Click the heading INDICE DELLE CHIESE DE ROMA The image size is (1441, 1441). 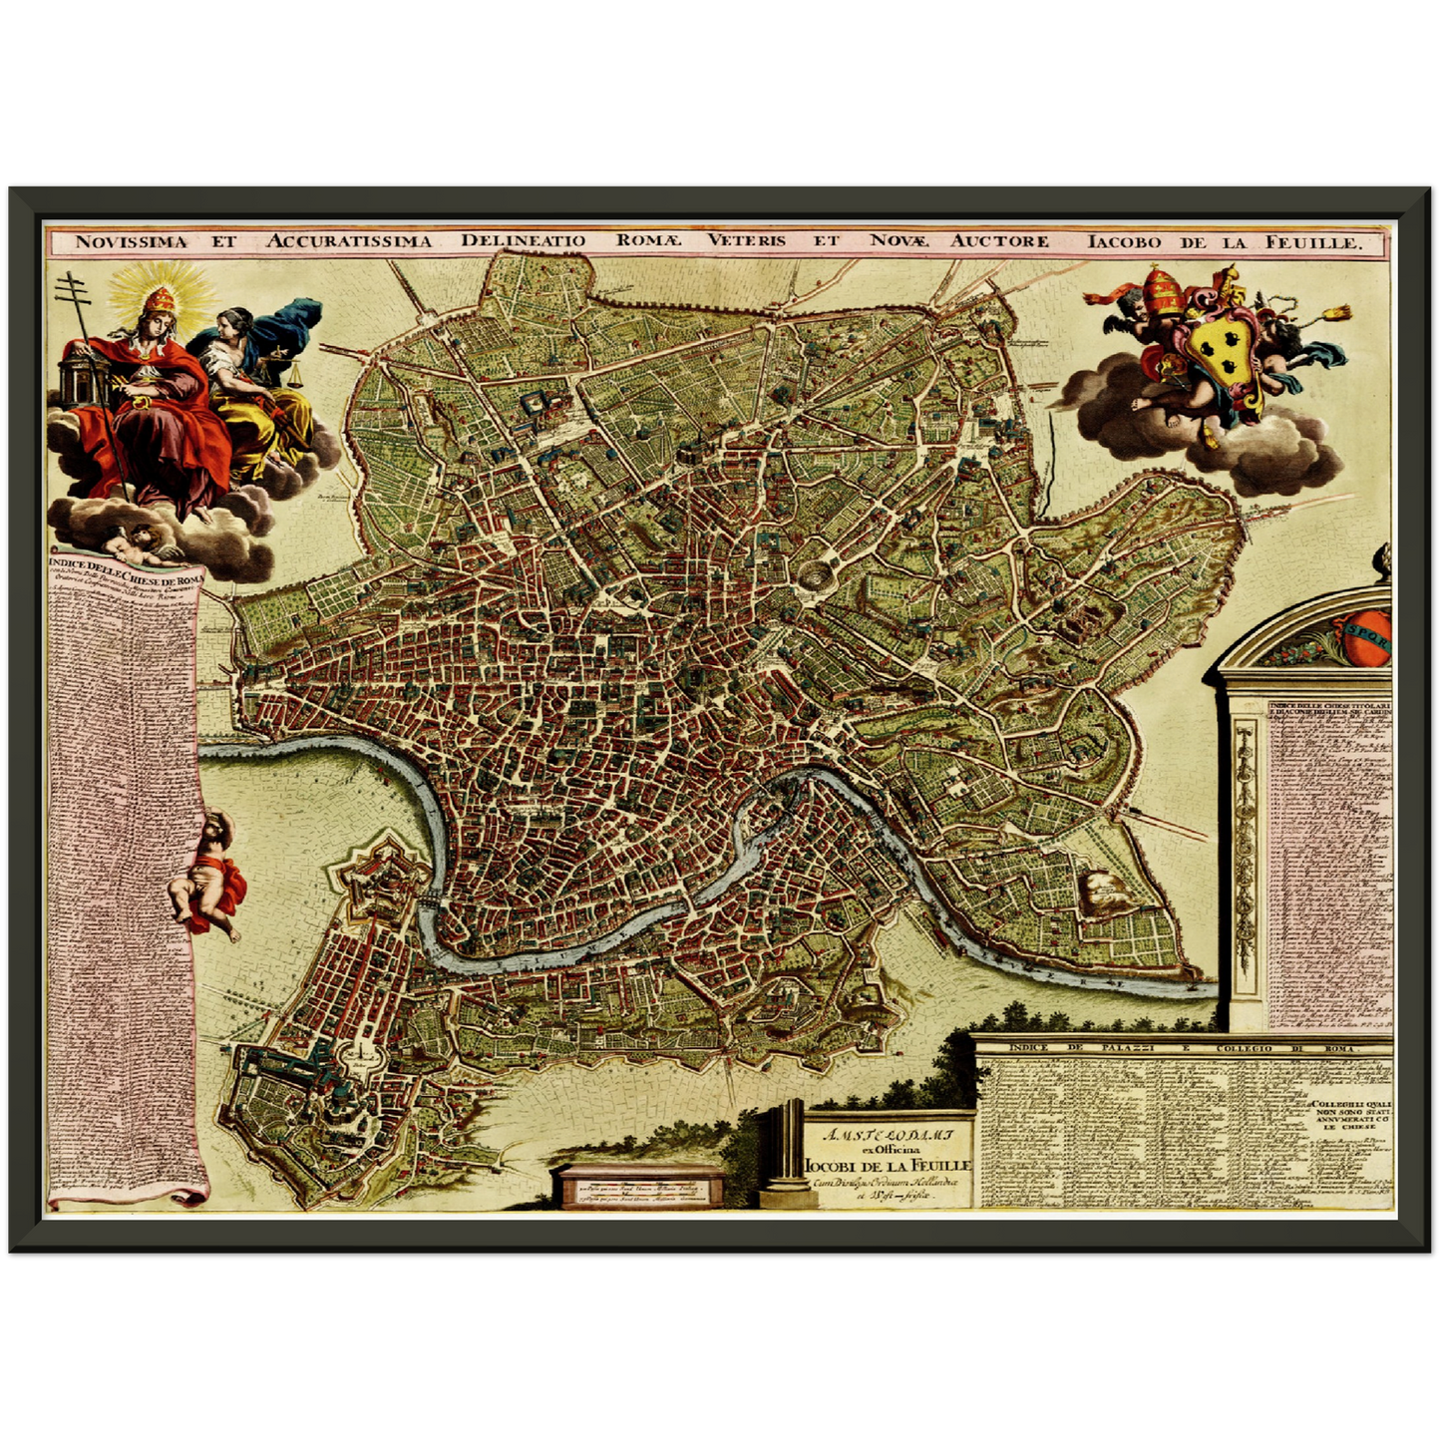point(124,572)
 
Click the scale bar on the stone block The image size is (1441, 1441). point(637,1188)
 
